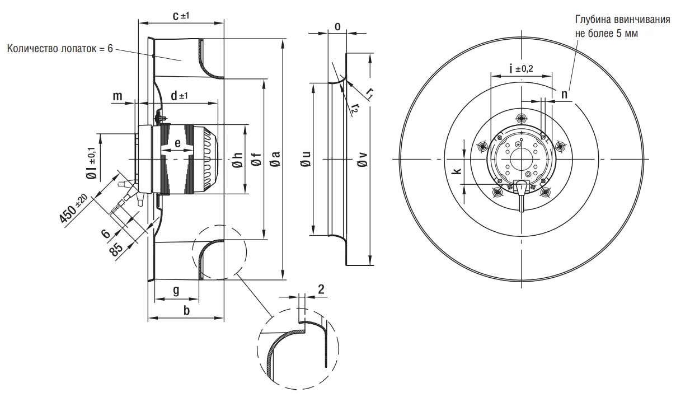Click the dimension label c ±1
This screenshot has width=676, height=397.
pos(181,16)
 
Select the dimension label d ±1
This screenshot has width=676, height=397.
pos(179,96)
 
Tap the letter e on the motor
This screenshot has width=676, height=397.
pos(177,143)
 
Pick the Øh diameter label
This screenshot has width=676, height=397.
pos(237,161)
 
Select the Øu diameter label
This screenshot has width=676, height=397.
pos(306,161)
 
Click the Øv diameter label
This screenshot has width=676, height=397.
pos(362,161)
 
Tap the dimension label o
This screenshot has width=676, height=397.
pos(337,26)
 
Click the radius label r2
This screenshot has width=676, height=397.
pos(354,108)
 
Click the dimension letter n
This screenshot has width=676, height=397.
pos(564,95)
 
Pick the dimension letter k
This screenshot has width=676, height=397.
pos(457,172)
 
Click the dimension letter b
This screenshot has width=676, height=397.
pos(186,310)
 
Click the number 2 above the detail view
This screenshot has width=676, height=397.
pos(321,289)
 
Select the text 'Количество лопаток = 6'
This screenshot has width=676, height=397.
pos(60,49)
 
